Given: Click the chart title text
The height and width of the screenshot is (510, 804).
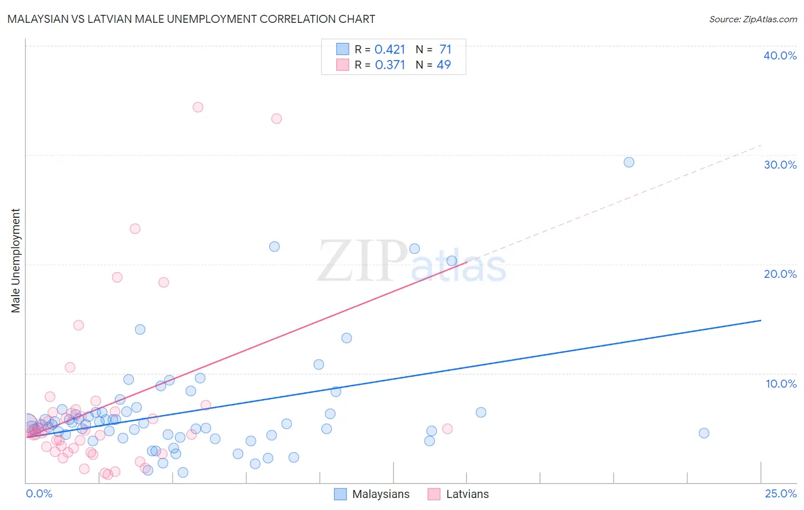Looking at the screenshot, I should (191, 19).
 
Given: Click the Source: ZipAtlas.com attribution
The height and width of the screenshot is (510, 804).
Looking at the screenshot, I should (753, 19).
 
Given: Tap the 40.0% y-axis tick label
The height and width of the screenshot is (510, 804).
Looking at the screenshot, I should (780, 55).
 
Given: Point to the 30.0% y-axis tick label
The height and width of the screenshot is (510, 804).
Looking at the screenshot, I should (780, 165).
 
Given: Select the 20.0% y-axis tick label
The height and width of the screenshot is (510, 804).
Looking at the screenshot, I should (780, 274).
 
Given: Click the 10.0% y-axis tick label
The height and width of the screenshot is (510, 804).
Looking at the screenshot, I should (781, 384).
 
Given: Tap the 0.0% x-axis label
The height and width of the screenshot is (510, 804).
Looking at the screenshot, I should (39, 493).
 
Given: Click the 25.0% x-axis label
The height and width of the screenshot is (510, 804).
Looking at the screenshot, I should (781, 493).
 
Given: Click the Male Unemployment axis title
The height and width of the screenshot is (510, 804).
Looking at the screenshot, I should (15, 261).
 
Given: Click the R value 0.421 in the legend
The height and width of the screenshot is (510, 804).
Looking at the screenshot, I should (390, 50).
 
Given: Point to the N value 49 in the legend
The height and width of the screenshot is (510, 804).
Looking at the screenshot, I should (444, 65).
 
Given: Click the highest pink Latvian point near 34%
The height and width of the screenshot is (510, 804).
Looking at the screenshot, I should (198, 107).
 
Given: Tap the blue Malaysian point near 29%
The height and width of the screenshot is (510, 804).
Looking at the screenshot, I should (628, 162).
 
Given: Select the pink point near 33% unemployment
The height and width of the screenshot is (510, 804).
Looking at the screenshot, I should (276, 118).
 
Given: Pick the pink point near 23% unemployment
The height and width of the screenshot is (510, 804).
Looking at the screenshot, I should (135, 229).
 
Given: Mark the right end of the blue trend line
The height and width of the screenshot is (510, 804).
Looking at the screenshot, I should (761, 320).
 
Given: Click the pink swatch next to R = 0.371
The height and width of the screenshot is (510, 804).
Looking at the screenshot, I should (343, 65).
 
